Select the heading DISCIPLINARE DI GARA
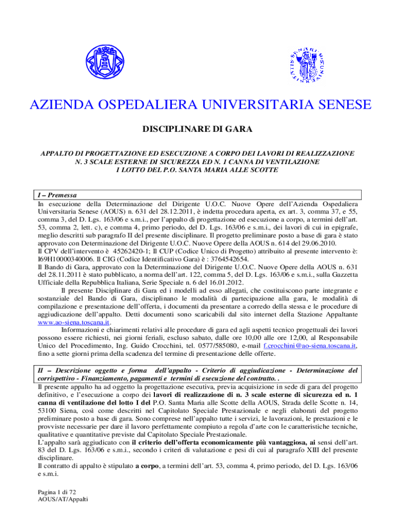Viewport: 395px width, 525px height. click(x=197, y=129)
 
